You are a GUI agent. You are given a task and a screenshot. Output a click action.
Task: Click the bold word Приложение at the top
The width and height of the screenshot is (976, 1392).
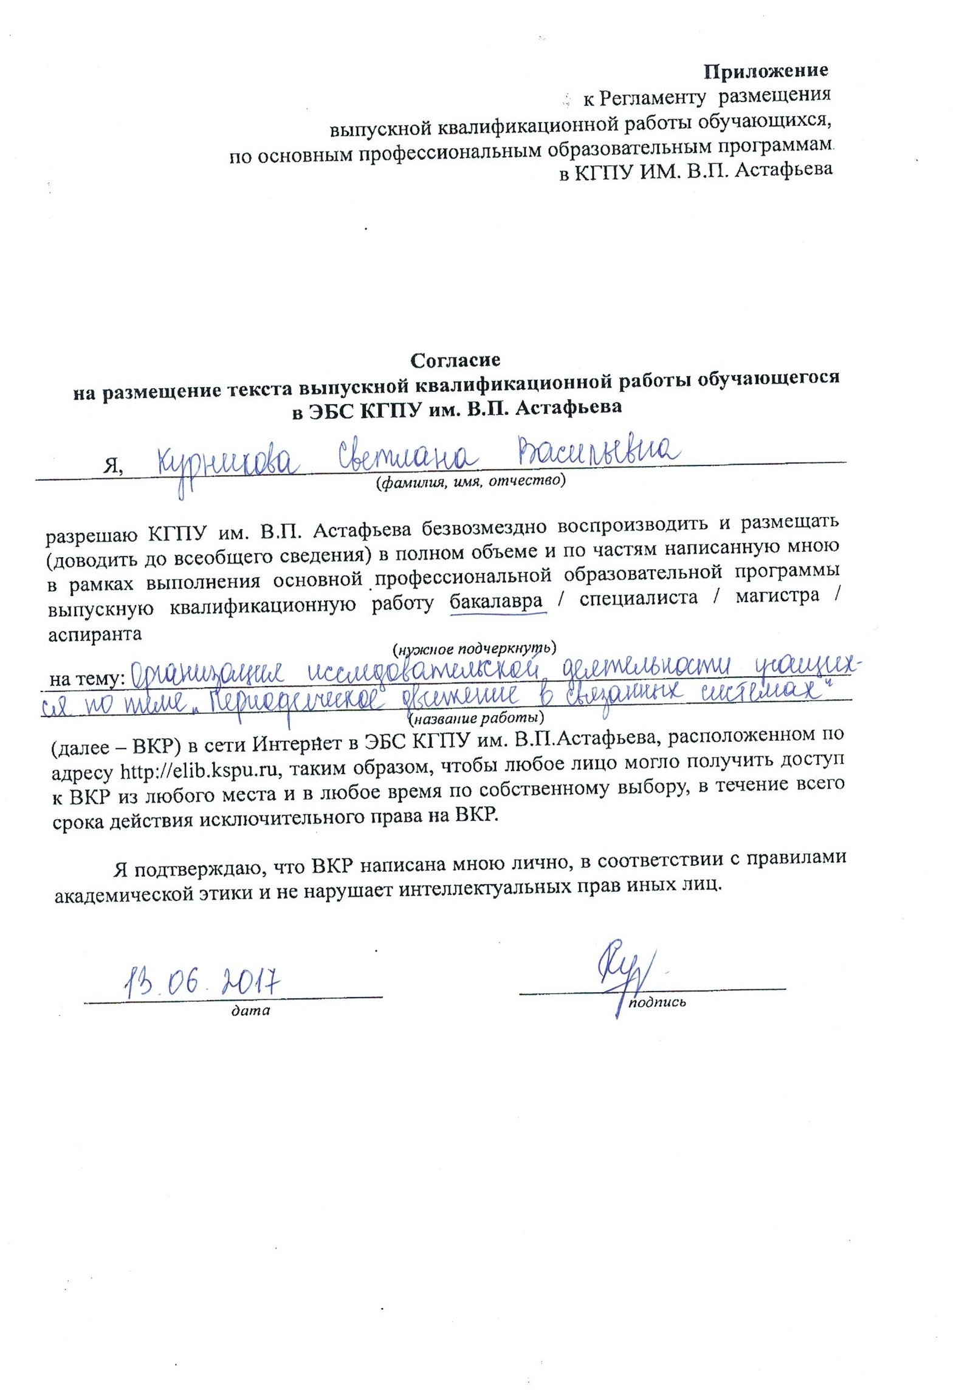(x=765, y=71)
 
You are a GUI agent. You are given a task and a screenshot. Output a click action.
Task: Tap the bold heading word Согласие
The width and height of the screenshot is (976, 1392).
(x=455, y=360)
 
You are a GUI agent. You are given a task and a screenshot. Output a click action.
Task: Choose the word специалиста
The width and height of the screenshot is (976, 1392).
(x=638, y=598)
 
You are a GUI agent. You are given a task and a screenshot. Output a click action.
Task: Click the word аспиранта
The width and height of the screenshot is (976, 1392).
(x=95, y=634)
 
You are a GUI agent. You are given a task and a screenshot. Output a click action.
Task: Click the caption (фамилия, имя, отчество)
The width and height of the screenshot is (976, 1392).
(x=470, y=482)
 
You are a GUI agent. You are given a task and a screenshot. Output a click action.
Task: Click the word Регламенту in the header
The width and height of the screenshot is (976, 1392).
(x=653, y=97)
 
